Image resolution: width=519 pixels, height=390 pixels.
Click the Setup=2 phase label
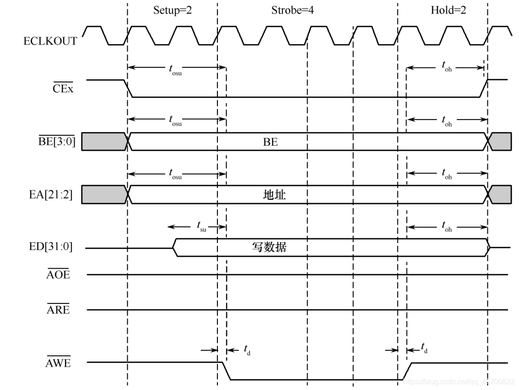click(x=172, y=10)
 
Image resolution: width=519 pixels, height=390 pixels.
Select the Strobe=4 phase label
click(x=292, y=10)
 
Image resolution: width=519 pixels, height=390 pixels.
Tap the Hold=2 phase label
click(x=448, y=10)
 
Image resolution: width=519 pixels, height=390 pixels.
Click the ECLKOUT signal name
click(x=50, y=41)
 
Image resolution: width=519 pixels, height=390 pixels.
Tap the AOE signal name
click(x=58, y=275)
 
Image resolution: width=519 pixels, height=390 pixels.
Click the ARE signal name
click(x=58, y=310)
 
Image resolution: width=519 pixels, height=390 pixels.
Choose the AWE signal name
click(x=58, y=364)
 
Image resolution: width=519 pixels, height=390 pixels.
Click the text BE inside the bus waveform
click(x=270, y=142)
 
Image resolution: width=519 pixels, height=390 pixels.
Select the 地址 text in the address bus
click(x=274, y=195)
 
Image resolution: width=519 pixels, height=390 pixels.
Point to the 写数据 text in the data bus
click(x=269, y=248)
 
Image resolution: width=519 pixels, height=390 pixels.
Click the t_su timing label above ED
click(x=201, y=226)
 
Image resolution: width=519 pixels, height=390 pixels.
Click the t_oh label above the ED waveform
click(x=447, y=226)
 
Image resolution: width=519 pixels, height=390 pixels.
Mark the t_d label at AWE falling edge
click(x=246, y=351)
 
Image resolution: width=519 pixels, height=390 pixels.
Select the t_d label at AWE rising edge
click(x=425, y=348)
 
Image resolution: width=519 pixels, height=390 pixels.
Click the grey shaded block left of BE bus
click(x=103, y=141)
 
